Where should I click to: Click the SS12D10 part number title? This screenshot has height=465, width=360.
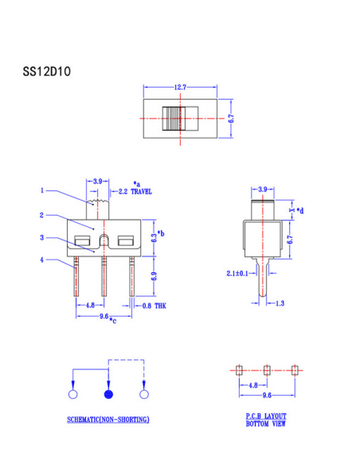coord(47,72)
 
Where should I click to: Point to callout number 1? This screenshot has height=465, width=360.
coord(42,190)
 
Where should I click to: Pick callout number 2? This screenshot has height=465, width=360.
coord(42,215)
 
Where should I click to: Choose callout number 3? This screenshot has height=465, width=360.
coord(42,238)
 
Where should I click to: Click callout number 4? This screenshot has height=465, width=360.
coord(42,260)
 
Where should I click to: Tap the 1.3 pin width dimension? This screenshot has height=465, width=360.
coord(280,303)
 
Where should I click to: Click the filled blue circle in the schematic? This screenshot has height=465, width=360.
coord(108,394)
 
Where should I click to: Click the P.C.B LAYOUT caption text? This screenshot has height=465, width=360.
coord(266,416)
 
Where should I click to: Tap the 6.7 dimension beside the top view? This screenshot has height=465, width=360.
coord(231,118)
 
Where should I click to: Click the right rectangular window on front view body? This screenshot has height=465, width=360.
coord(125,241)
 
